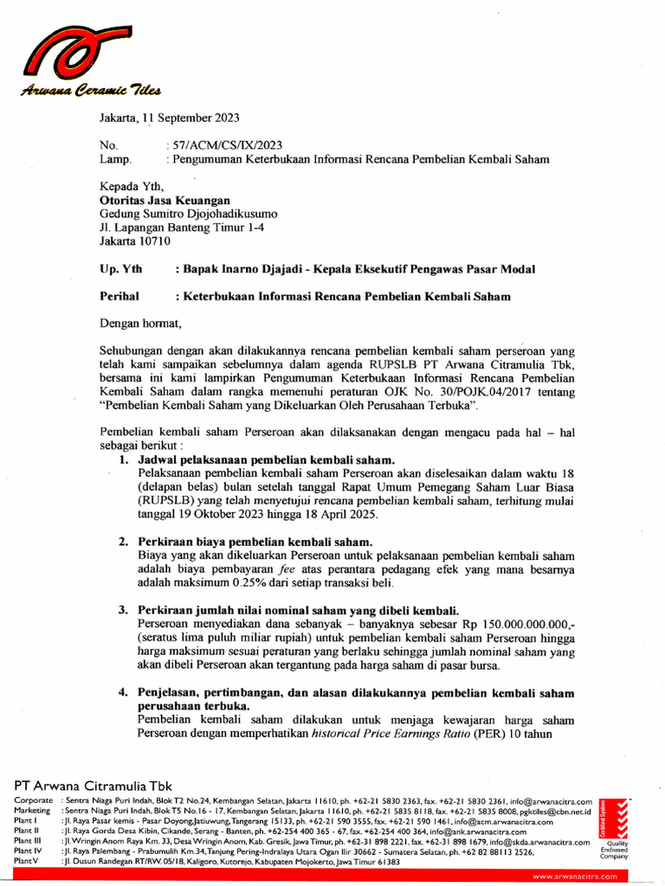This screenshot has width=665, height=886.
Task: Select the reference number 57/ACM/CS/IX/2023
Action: point(226,145)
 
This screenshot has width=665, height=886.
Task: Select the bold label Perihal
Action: point(119,296)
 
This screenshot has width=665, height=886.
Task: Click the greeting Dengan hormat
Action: point(141,324)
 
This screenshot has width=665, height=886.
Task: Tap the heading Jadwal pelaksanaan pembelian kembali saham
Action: point(267,459)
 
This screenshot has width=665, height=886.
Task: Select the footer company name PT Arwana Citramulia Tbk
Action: point(94,785)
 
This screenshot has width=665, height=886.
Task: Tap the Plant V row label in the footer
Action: point(27,862)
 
